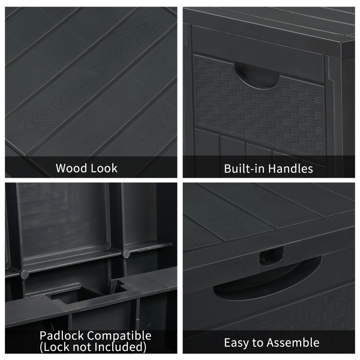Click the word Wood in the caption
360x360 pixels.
(x=71, y=168)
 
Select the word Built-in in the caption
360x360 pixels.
(x=245, y=169)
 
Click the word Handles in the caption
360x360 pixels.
(x=291, y=169)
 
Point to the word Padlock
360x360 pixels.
(x=62, y=335)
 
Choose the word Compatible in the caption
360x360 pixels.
(x=119, y=336)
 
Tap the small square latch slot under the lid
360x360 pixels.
(x=271, y=256)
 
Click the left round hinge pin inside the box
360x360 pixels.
(x=25, y=274)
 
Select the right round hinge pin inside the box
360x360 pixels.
(x=126, y=254)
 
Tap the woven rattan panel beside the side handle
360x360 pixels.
(x=259, y=110)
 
